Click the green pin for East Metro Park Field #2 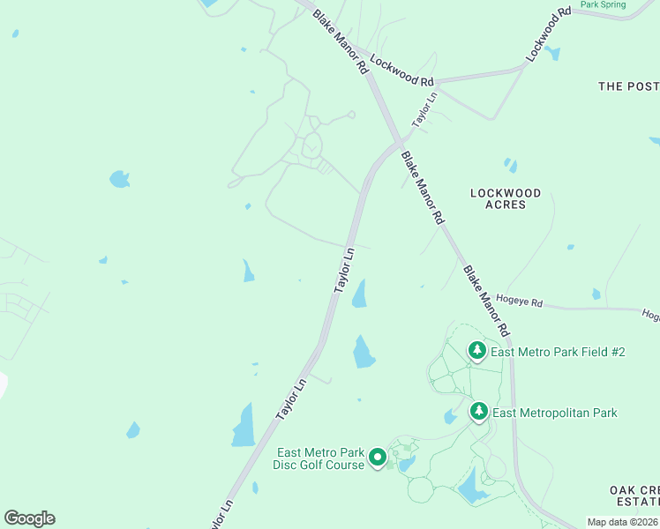[476, 352]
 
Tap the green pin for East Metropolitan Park [478, 412]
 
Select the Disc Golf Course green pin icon [378, 457]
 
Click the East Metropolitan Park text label [554, 413]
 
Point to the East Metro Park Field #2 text [558, 352]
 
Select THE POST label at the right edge [628, 86]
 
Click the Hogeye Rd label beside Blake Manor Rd [519, 302]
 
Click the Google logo [29, 518]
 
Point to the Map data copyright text [622, 522]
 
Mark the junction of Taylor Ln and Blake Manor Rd [399, 143]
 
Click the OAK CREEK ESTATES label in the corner [634, 496]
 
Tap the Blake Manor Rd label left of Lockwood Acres [422, 189]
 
